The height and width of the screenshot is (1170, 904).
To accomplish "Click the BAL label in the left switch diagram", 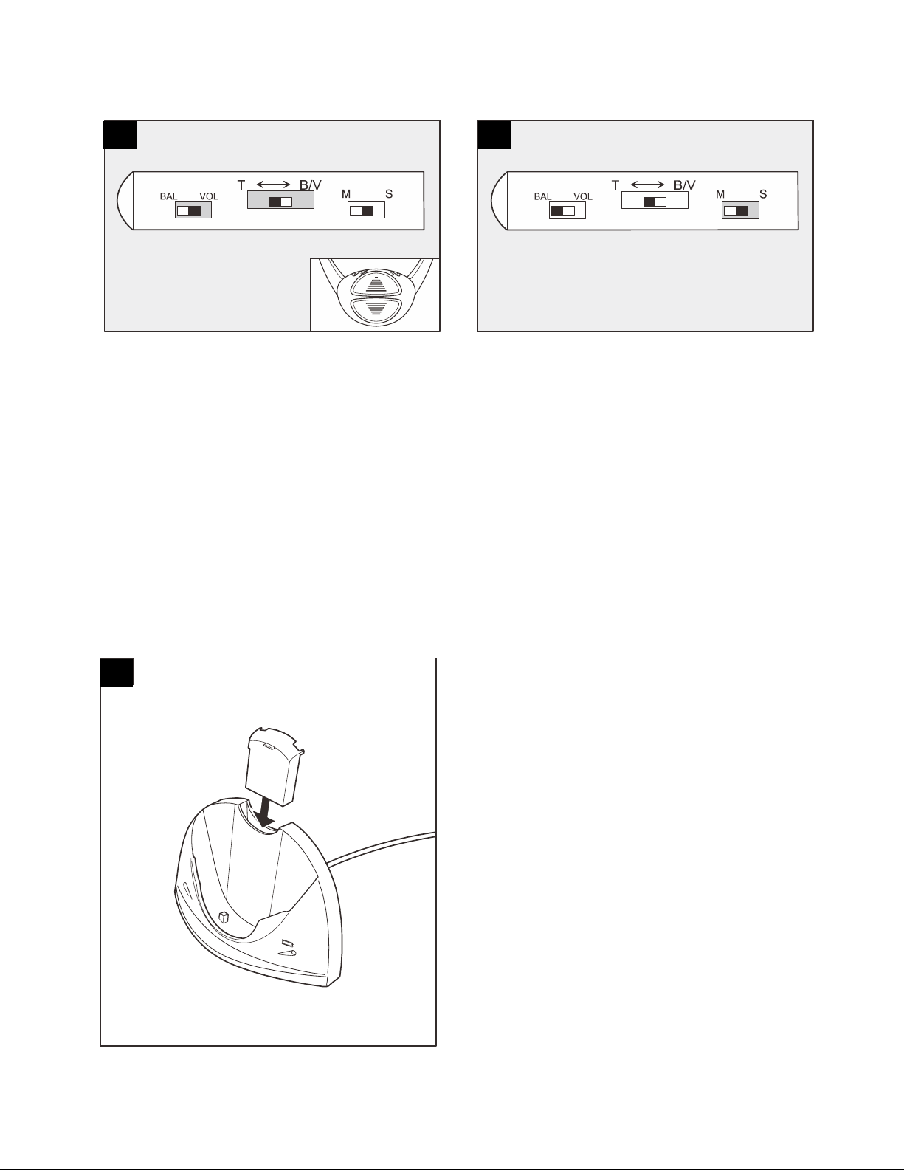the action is pos(168,196).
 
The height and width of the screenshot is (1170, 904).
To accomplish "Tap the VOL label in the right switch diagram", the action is pos(583,196).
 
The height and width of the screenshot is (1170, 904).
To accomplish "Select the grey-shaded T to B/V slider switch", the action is pos(280,200).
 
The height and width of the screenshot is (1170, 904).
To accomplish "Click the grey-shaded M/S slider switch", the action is pos(740,210).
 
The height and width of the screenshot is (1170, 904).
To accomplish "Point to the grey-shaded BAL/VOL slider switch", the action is pos(193,210).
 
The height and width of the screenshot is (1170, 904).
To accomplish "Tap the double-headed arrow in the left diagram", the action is pos(273,185).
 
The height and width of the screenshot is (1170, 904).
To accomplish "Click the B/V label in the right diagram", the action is pos(685,185).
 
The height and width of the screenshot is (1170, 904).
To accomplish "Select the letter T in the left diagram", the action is pos(241,185).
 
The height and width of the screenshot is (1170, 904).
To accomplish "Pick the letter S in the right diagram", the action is pos(763,194).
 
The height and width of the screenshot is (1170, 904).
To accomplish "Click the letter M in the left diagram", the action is pos(346,194).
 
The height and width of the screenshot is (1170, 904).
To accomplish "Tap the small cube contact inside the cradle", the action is pos(224,918).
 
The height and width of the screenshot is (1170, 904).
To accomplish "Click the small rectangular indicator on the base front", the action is pos(287,943).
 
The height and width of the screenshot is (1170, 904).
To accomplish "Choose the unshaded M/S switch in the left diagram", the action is pos(367,210).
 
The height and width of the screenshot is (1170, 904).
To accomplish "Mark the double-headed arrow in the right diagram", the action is pos(647,185).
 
